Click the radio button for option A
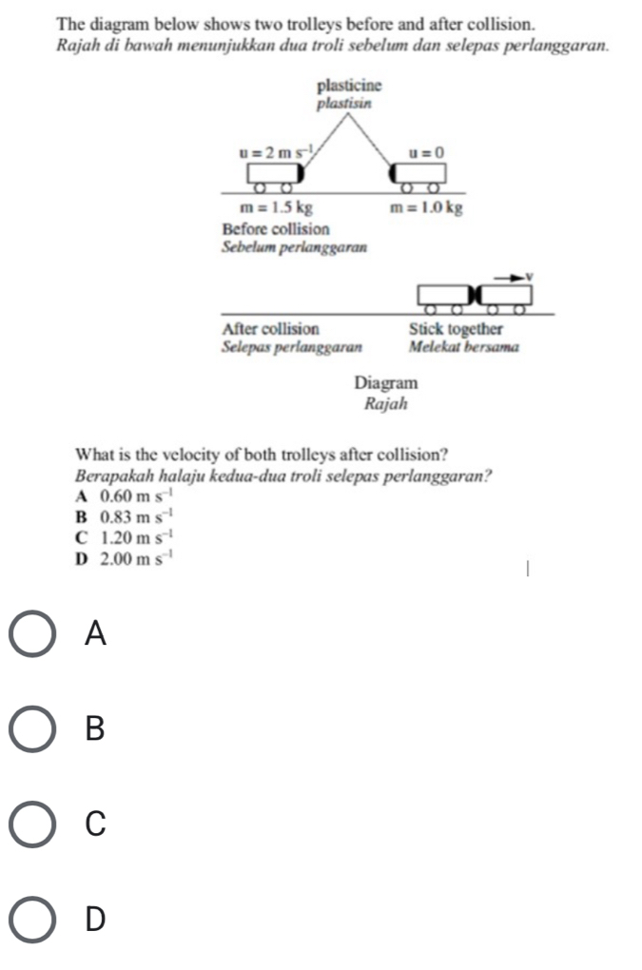coord(34,634)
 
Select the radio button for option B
coord(34,729)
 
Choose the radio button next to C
coord(34,824)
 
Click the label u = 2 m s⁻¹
coord(269,150)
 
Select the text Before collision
coord(275,229)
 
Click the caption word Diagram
coord(385,382)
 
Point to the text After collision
coord(270,328)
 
